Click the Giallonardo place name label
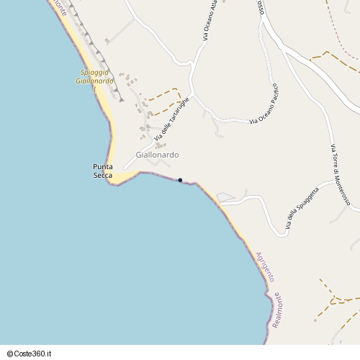(157, 155)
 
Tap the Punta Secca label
(103, 171)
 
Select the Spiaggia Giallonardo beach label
(94, 77)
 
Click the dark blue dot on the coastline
(180, 180)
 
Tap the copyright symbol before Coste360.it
(9, 354)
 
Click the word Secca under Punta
(103, 176)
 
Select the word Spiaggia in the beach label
(94, 73)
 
